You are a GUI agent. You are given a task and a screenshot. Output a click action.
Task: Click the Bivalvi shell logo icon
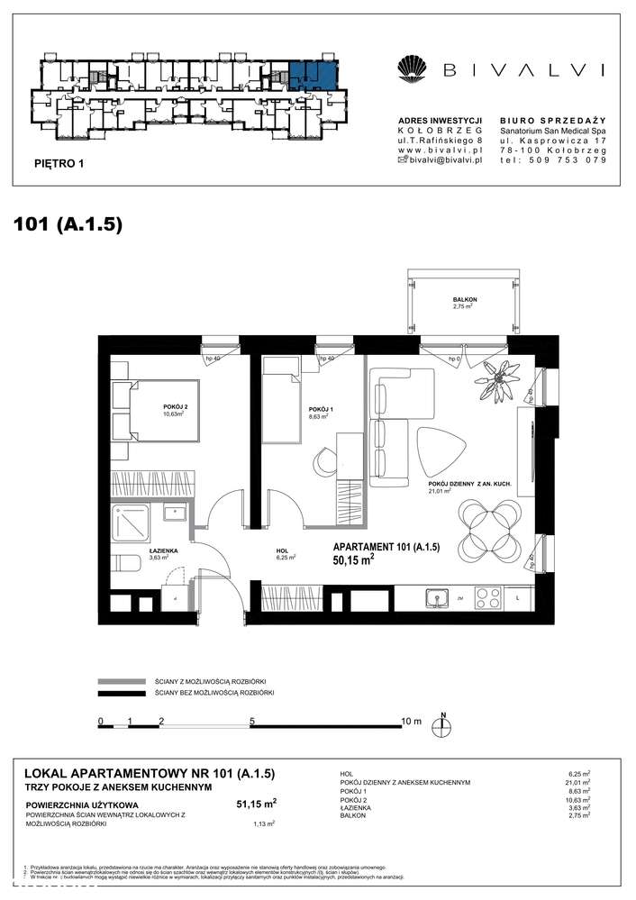tap(411, 68)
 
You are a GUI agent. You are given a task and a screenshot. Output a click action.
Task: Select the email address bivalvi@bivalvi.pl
tap(442, 159)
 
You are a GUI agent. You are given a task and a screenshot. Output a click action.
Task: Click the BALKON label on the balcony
tap(465, 299)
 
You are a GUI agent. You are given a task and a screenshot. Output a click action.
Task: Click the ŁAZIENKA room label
tap(163, 550)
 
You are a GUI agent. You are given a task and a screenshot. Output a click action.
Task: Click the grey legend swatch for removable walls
tap(121, 681)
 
